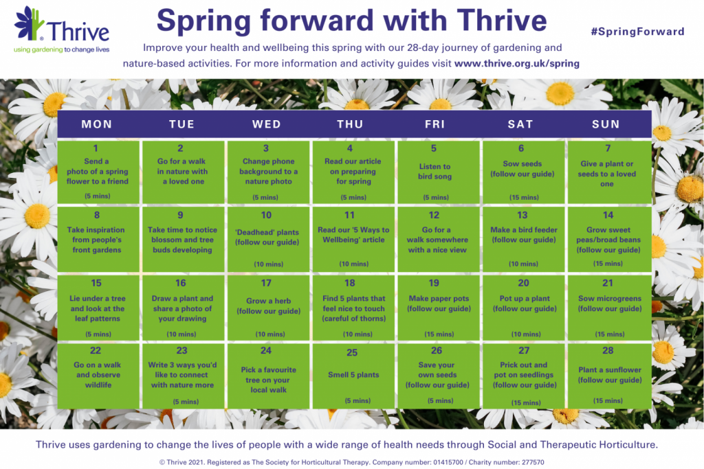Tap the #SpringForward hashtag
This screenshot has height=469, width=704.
coord(637,32)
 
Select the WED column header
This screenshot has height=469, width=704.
coord(267,124)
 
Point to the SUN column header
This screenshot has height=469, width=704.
coord(606,124)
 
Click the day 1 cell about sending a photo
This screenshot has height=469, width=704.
coord(97,172)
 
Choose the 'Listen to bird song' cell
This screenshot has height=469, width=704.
coord(434,172)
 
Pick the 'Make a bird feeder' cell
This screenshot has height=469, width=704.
coord(523,239)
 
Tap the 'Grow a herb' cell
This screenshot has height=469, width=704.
coord(267,306)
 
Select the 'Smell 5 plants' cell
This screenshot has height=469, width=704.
coord(352,375)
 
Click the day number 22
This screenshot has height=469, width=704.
coord(96,351)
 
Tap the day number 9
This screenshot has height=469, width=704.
coord(181,215)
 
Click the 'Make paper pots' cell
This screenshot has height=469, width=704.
coord(434,306)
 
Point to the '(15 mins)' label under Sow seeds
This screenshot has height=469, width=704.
coord(524,197)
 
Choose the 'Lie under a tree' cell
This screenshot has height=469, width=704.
coord(97,306)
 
